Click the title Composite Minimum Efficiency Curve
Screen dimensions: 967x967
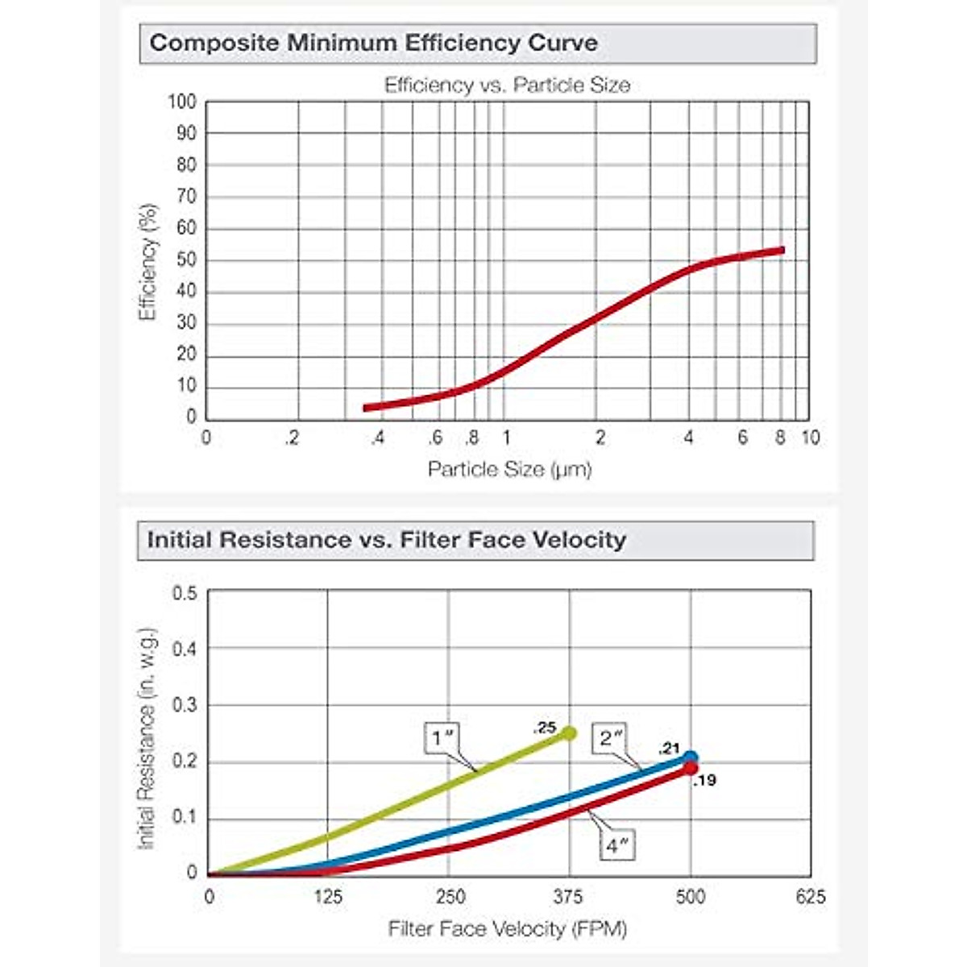pyautogui.click(x=374, y=43)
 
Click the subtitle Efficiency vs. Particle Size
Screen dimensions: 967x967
pyautogui.click(x=507, y=85)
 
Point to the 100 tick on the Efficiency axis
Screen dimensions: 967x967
pyautogui.click(x=182, y=102)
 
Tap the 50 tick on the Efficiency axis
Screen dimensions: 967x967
pyautogui.click(x=185, y=259)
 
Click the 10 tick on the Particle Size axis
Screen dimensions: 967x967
pyautogui.click(x=810, y=438)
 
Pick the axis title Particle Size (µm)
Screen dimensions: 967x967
pyautogui.click(x=509, y=469)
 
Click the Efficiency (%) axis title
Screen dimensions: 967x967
pyautogui.click(x=147, y=262)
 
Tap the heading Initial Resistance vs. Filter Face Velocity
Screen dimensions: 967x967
pyautogui.click(x=386, y=539)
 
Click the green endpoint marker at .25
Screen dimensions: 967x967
pyautogui.click(x=569, y=733)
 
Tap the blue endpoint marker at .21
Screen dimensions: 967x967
pyautogui.click(x=691, y=757)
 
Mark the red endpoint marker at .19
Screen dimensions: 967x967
pyautogui.click(x=691, y=769)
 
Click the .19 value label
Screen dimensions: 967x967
pyautogui.click(x=704, y=781)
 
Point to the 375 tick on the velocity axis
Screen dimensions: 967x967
pyautogui.click(x=568, y=897)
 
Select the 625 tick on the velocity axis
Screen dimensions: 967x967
pyautogui.click(x=811, y=897)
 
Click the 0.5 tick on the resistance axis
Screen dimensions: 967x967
pyautogui.click(x=185, y=594)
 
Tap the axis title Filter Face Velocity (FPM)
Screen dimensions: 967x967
pyautogui.click(x=508, y=929)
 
